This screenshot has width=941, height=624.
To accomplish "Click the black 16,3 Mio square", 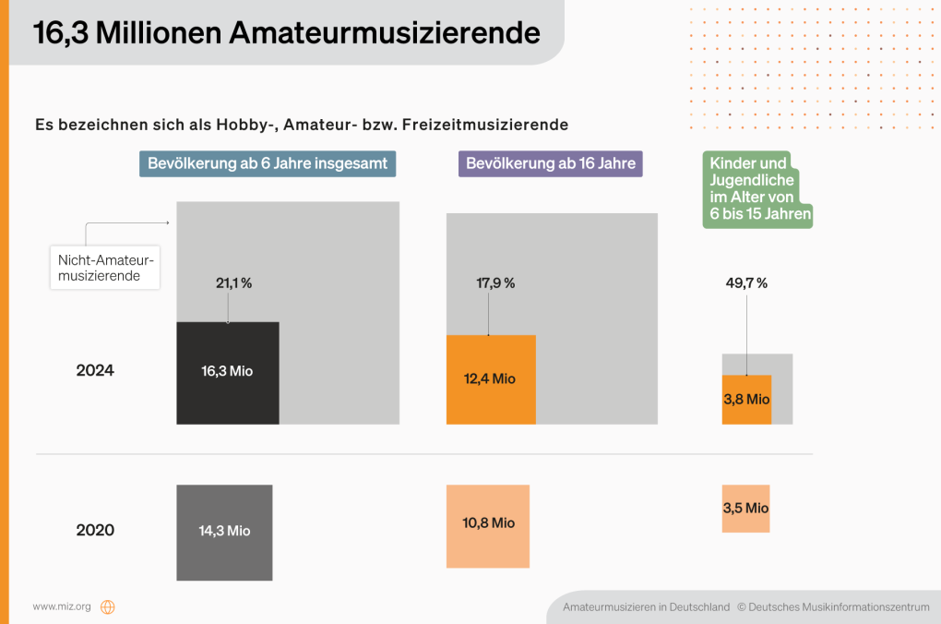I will [x=227, y=372].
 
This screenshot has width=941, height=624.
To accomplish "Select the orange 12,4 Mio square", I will [x=490, y=378].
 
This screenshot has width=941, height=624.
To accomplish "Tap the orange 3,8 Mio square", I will [x=745, y=400].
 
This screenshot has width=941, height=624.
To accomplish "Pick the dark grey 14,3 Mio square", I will [x=224, y=532].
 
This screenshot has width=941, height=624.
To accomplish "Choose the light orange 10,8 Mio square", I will [x=488, y=525].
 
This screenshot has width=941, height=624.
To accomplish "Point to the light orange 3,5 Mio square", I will [x=745, y=509].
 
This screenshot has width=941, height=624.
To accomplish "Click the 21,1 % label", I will [x=233, y=283].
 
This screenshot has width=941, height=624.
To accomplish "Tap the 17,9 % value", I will [x=495, y=283].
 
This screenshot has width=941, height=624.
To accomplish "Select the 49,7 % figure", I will [x=747, y=283].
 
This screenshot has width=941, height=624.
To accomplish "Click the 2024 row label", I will [x=95, y=371].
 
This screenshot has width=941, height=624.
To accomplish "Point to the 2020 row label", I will [x=95, y=531].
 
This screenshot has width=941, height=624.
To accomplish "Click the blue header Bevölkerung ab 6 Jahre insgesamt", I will [x=268, y=163].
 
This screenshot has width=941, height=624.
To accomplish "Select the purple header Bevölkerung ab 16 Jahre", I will [x=551, y=163].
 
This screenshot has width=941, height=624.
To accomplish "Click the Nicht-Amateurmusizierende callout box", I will [x=104, y=268].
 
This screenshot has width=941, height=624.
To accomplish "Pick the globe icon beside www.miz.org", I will [x=108, y=606].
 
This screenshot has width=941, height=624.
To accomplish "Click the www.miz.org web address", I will [x=62, y=606].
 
